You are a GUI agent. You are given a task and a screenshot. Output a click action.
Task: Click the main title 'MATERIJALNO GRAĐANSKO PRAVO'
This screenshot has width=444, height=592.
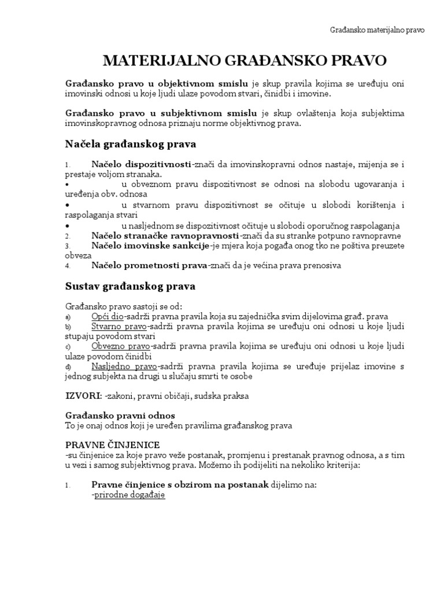[x=245, y=61]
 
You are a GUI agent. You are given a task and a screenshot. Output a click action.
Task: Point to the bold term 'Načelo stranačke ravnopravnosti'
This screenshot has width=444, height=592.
[x=165, y=236]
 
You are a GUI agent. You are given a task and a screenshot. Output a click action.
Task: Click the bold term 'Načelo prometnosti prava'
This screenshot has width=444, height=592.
[x=149, y=265]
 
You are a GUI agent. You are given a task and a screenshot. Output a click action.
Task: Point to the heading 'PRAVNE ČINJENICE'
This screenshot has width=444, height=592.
[x=112, y=444]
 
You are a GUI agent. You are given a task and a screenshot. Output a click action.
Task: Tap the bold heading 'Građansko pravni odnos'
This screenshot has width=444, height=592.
[x=119, y=416]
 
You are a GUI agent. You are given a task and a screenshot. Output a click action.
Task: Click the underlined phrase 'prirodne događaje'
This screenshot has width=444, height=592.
[x=129, y=495]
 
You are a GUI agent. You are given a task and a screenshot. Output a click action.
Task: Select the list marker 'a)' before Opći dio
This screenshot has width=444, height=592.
[x=68, y=317]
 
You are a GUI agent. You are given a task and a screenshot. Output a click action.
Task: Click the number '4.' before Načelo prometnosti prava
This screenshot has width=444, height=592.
[x=68, y=266]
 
